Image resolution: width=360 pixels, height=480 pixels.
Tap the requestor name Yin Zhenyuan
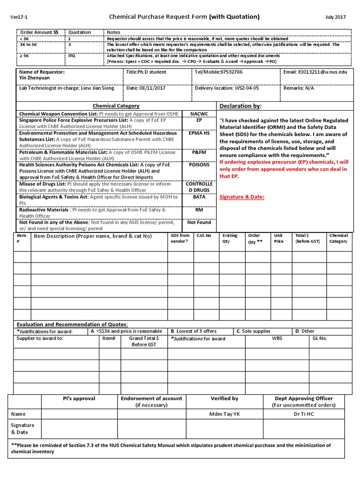pyautogui.click(x=34, y=78)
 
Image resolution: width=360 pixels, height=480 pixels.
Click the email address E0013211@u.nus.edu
pyautogui.click(x=322, y=72)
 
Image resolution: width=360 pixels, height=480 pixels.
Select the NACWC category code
pyautogui.click(x=199, y=114)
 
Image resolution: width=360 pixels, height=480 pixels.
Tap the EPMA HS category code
pyautogui.click(x=199, y=133)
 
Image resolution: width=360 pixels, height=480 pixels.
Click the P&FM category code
pyautogui.click(x=199, y=152)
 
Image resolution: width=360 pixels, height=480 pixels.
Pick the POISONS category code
pyautogui.click(x=199, y=165)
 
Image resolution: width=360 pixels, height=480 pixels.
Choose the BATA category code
pyautogui.click(x=199, y=197)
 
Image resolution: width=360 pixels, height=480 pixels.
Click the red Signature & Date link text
pyautogui.click(x=242, y=197)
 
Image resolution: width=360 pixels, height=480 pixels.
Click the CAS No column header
pyautogui.click(x=204, y=235)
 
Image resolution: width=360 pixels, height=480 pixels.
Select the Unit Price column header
pyautogui.click(x=278, y=238)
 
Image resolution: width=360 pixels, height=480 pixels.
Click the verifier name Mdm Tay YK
pyautogui.click(x=224, y=414)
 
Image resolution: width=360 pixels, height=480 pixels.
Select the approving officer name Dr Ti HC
pyautogui.click(x=304, y=414)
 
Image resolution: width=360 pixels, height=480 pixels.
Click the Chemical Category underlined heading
pyautogui.click(x=116, y=106)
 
